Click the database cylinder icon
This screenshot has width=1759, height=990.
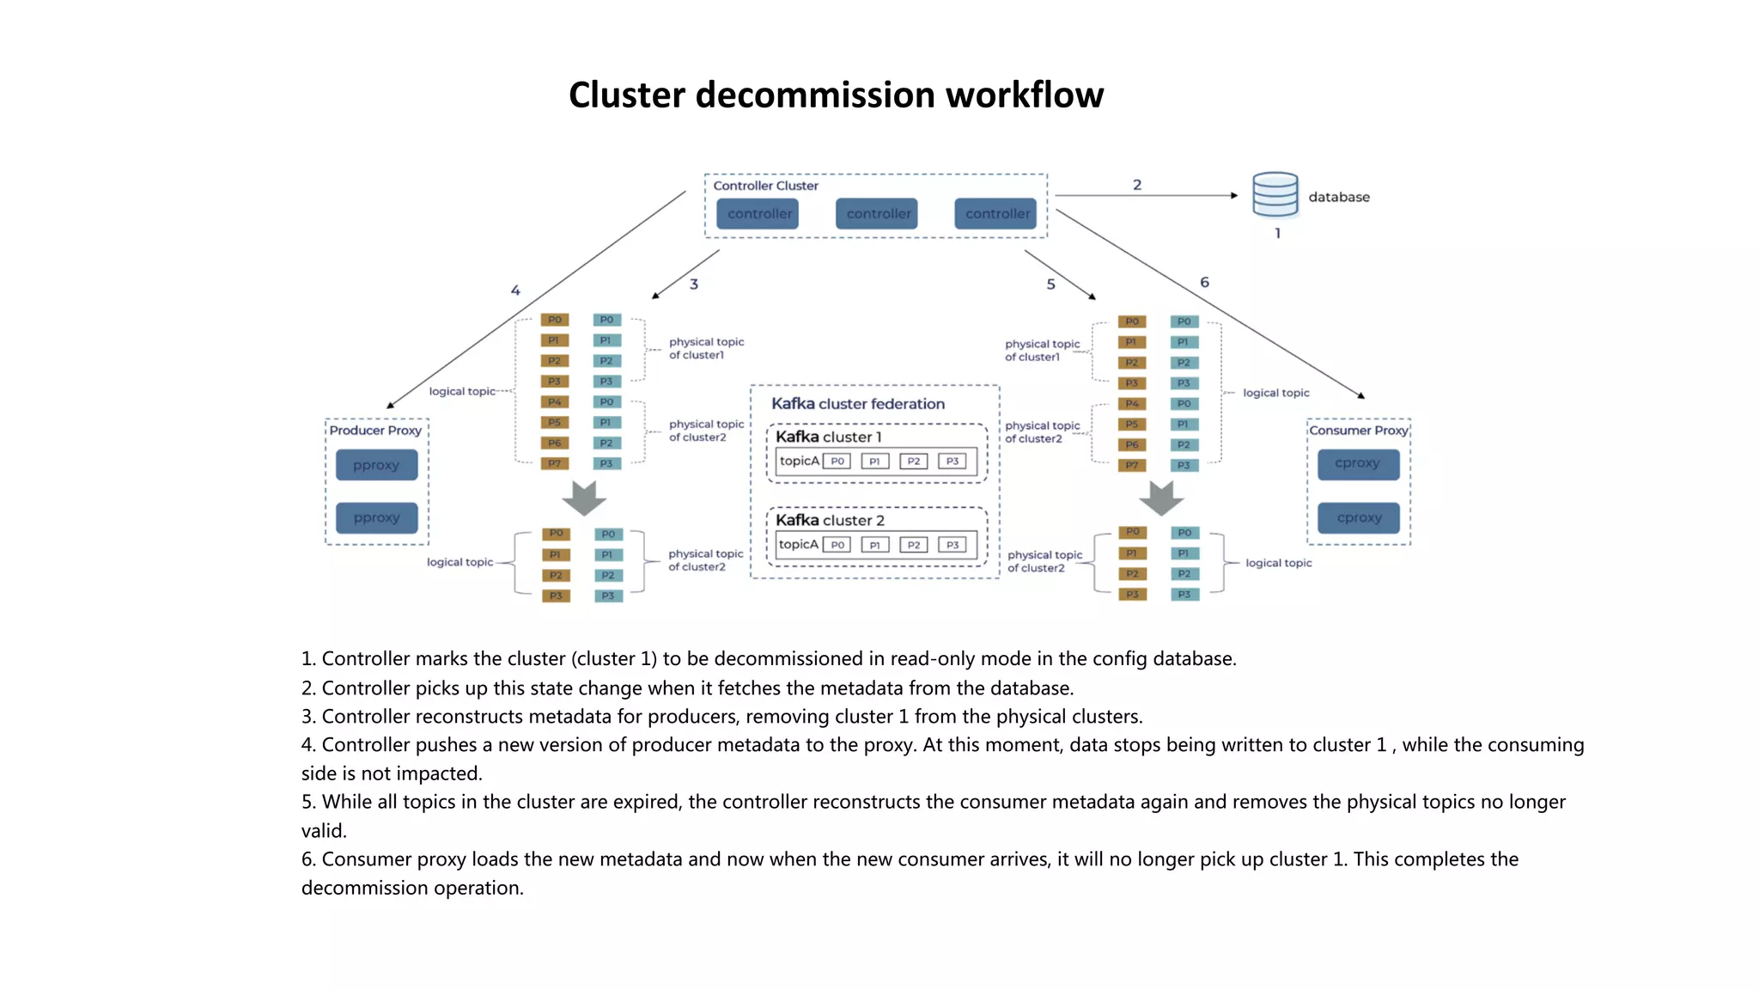pyautogui.click(x=1275, y=195)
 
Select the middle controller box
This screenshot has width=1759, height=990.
pyautogui.click(x=877, y=214)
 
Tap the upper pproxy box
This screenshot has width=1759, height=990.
pyautogui.click(x=376, y=466)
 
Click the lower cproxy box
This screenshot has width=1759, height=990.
pyautogui.click(x=1359, y=518)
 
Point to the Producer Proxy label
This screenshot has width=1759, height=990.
pyautogui.click(x=375, y=431)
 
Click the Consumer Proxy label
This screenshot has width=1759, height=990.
pyautogui.click(x=1358, y=431)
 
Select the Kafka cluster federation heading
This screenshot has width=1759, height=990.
pyautogui.click(x=857, y=404)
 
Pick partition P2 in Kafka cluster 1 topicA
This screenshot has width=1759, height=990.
pyautogui.click(x=913, y=461)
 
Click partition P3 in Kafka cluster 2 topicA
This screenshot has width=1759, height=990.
pyautogui.click(x=953, y=545)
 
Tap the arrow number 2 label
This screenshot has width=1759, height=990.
pyautogui.click(x=1137, y=185)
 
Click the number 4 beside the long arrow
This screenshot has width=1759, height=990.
pyautogui.click(x=515, y=290)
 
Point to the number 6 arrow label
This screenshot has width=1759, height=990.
pyautogui.click(x=1204, y=283)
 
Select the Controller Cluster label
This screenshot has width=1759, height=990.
pyautogui.click(x=765, y=186)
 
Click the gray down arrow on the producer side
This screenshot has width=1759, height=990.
pyautogui.click(x=584, y=498)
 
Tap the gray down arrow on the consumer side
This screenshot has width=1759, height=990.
pyautogui.click(x=1161, y=498)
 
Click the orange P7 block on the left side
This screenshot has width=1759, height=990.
pyautogui.click(x=555, y=464)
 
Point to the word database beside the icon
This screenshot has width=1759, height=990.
pyautogui.click(x=1338, y=198)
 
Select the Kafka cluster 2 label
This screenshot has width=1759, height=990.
pyautogui.click(x=830, y=521)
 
